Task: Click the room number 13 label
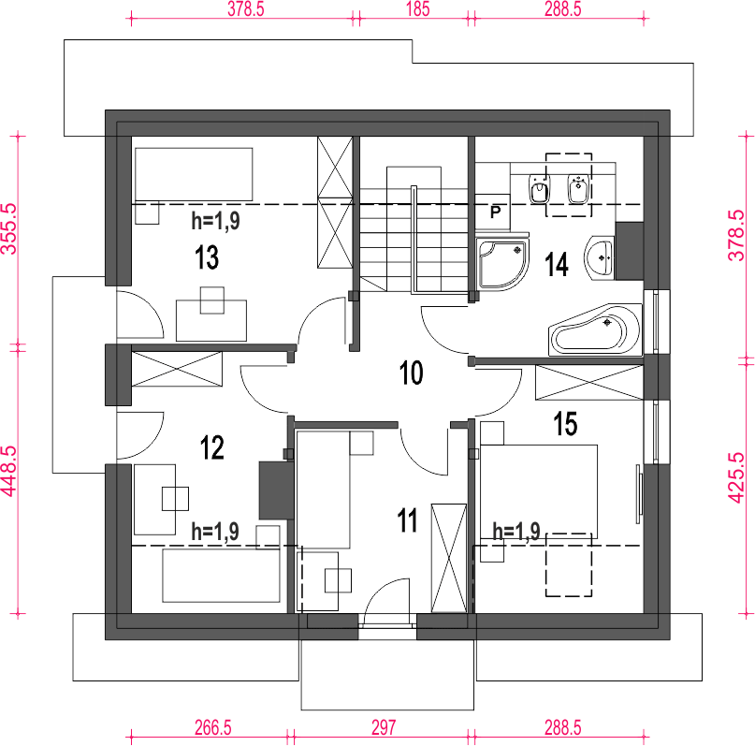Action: coord(207,256)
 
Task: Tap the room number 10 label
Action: coord(412,373)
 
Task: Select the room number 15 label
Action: coord(565,424)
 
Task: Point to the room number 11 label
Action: coord(407,520)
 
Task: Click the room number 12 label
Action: coord(211,447)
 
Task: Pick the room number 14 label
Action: coord(556,264)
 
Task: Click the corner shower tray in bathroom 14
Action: coord(501,263)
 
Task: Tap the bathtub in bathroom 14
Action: coord(596,329)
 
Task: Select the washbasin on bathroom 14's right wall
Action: coord(600,258)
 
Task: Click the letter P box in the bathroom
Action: coord(493,212)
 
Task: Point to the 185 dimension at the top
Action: coord(417,9)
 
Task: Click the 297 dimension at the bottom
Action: coord(384,727)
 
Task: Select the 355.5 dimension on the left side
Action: coord(9,227)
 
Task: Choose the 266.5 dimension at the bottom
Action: coord(212,727)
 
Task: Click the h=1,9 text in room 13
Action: coord(216,221)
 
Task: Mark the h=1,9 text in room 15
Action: coord(516,532)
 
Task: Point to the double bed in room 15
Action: coord(539,491)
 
